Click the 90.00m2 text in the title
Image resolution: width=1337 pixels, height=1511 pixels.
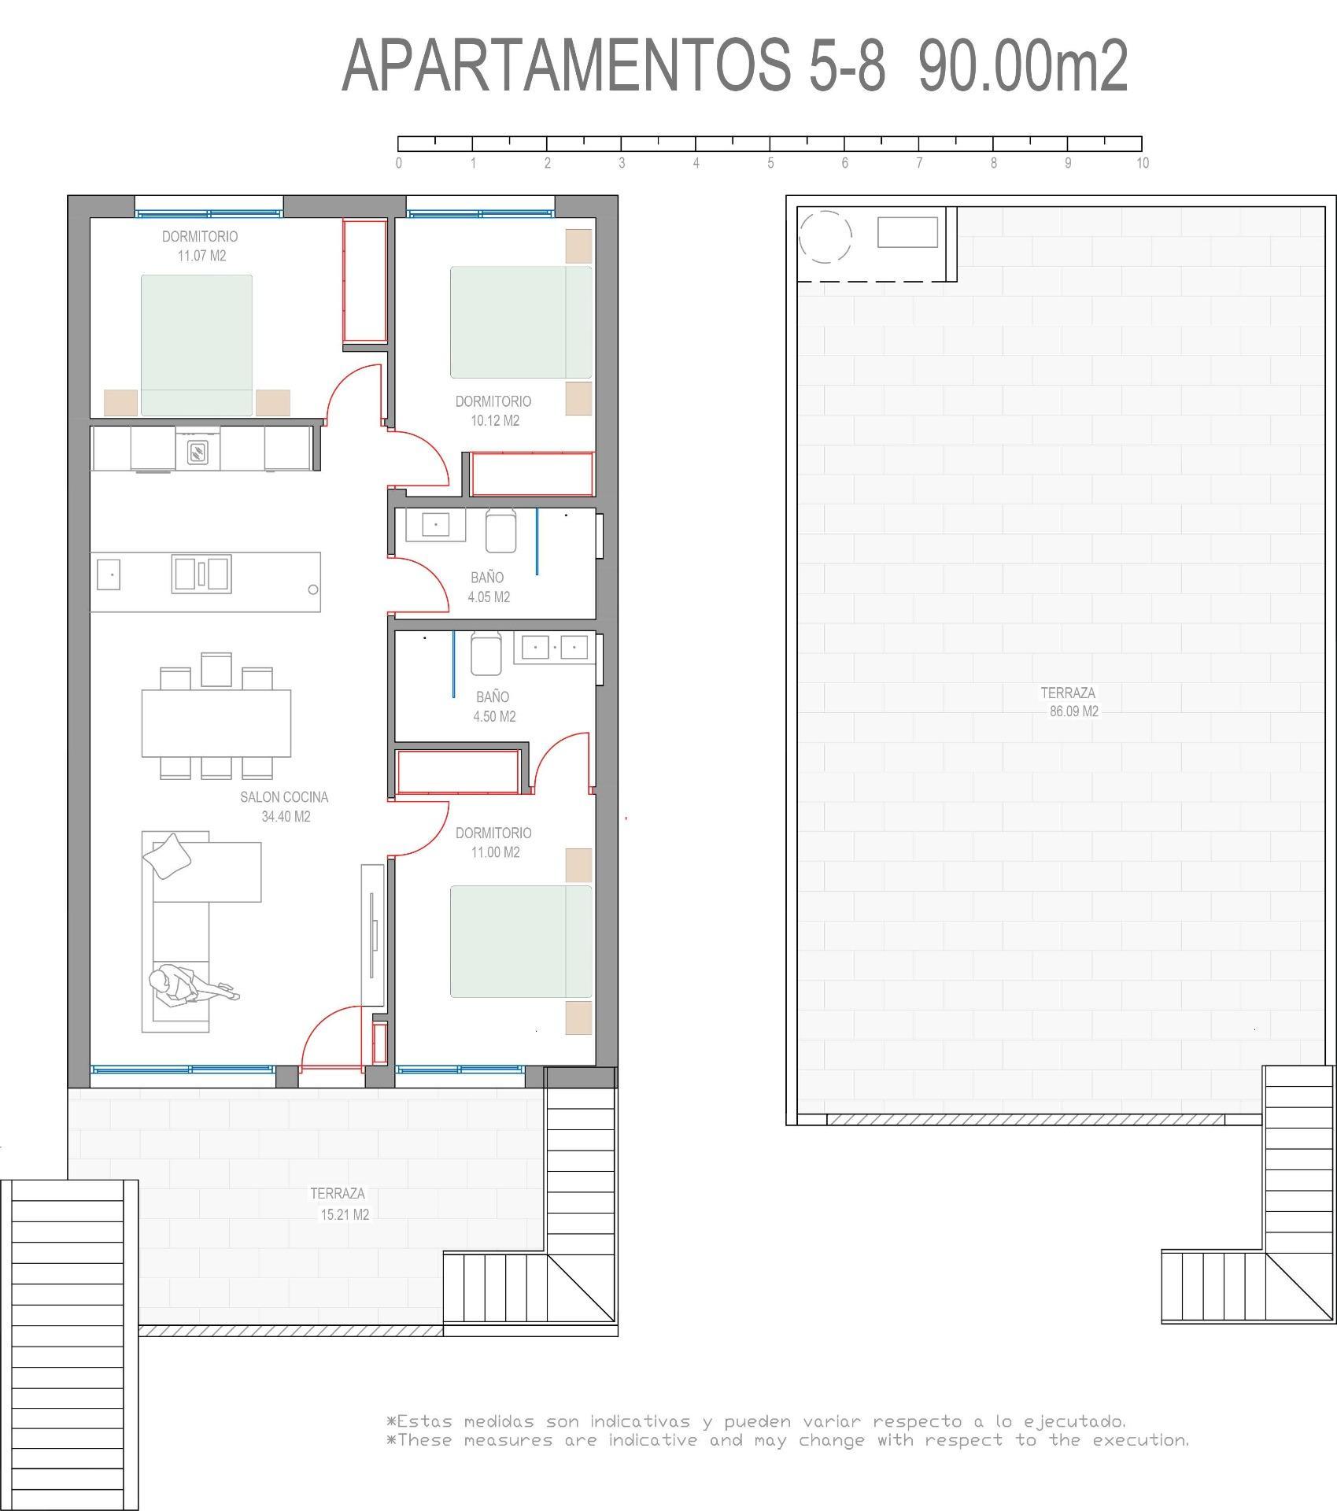coord(1022,67)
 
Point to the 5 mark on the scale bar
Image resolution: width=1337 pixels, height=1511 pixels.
coord(770,143)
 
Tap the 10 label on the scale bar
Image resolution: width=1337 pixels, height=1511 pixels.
coord(1142,164)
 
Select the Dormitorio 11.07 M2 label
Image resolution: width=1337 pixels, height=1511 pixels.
coord(200,246)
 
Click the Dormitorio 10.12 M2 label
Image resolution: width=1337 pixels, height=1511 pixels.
coord(493,411)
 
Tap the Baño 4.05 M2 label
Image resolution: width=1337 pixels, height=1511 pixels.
coord(488,587)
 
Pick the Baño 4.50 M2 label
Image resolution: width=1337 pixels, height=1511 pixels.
coord(493,707)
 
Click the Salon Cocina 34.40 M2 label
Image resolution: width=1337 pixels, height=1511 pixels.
coord(284,807)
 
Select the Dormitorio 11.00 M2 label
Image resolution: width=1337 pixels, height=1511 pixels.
coord(493,842)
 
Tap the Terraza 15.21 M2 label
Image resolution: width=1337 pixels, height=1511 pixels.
coord(340,1203)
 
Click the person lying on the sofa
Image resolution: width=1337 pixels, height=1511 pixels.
coord(189,987)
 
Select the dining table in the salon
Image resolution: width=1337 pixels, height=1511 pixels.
coord(216,722)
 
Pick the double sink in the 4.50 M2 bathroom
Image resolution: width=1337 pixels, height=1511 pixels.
coord(555,648)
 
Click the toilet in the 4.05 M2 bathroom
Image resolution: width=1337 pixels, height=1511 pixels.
coord(500,531)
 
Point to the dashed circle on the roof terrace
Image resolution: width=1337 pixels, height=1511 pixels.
coord(825,237)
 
